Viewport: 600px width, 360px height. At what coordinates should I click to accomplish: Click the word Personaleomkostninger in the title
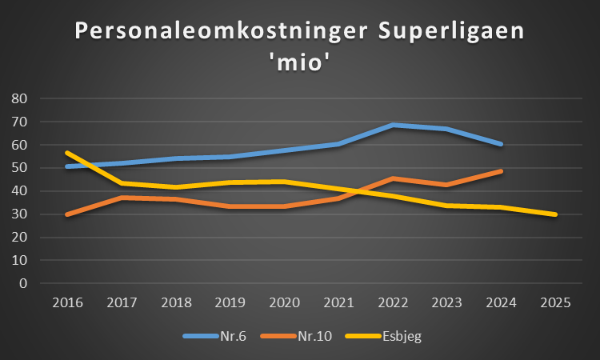[207, 33]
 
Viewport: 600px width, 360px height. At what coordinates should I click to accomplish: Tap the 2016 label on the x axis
[67, 304]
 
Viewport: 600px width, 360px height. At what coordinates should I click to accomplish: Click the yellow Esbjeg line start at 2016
[67, 152]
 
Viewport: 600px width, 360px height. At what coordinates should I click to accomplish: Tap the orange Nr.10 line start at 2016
[67, 214]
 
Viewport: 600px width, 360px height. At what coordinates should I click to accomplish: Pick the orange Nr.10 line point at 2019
[230, 206]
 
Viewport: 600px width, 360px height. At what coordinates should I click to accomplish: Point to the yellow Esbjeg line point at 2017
[122, 183]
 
